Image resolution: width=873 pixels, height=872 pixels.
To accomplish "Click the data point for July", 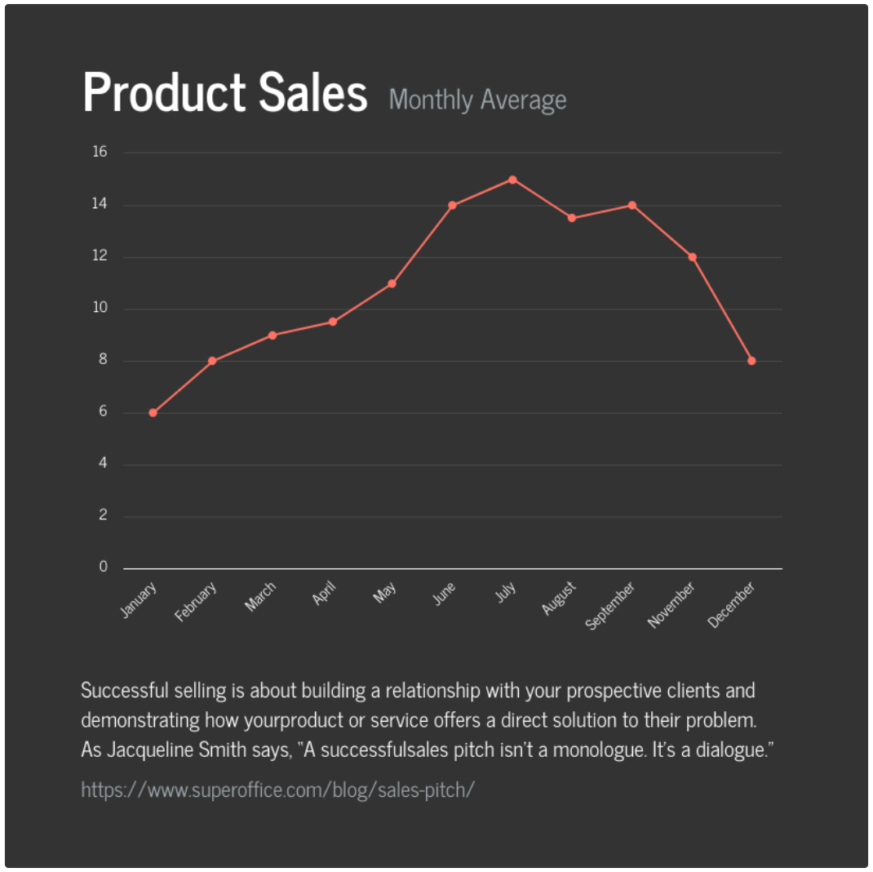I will coord(512,180).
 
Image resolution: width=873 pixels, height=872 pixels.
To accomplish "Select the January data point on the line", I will coord(153,413).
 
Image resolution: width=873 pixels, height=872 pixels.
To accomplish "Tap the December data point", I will coord(751,361).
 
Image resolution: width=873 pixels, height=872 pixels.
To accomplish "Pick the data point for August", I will coord(572,218).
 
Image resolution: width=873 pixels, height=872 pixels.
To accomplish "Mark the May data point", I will coord(392,283).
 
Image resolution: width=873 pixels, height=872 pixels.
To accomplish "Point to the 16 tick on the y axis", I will coord(100,152).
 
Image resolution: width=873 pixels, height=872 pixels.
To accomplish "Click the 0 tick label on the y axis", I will coord(104,567).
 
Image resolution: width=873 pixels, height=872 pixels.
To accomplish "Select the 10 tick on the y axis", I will coord(100,309).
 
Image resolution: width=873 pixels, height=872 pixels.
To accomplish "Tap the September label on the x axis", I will coord(611,606).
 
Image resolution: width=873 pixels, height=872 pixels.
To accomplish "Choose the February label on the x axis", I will coord(197,602).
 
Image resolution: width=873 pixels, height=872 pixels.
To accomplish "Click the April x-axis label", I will coord(324,594).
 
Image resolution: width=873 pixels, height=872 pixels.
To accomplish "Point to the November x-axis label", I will coord(671,605).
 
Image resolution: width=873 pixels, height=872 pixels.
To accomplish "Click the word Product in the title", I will coord(164,92).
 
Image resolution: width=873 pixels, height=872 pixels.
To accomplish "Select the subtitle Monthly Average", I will coord(478,100).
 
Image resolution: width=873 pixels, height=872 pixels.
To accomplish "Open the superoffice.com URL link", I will coord(277,790).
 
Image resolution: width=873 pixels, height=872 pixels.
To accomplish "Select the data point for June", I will coord(452,205).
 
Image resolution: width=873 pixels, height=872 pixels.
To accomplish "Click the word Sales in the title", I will coord(313,92).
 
